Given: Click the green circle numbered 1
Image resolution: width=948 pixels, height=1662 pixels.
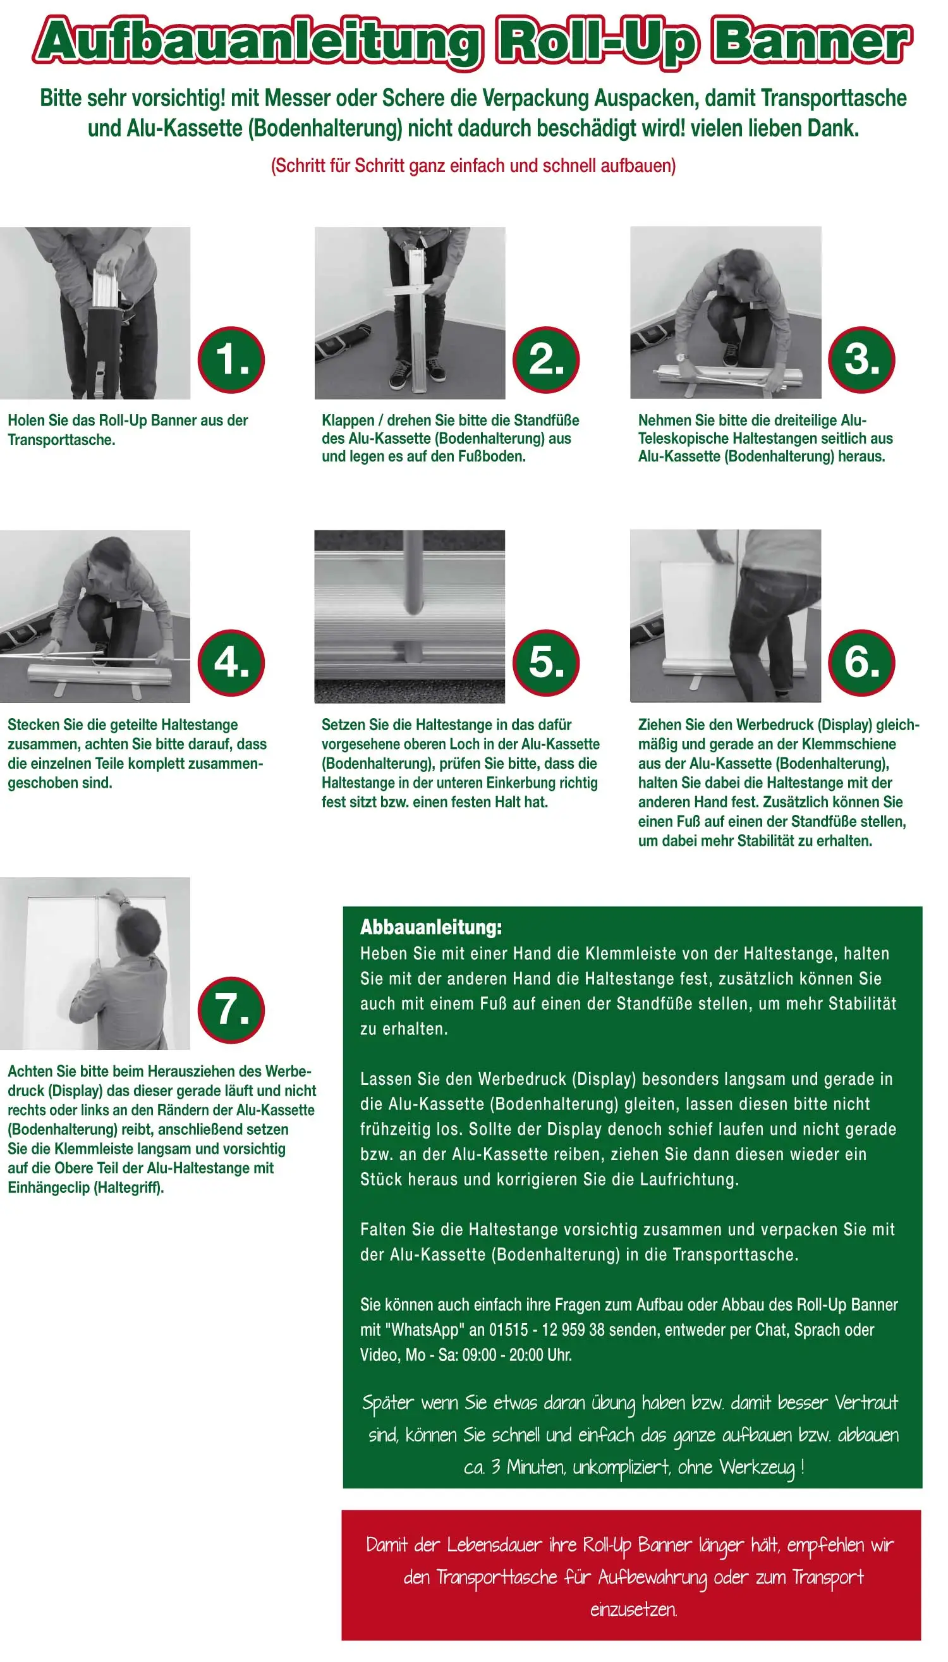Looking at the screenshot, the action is coord(231,360).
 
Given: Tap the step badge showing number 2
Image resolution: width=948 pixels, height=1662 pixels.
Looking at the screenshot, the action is coord(546,360).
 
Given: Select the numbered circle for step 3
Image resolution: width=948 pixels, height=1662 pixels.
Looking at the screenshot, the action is coord(861,360).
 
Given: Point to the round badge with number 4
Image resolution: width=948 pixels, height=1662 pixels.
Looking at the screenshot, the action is coord(231,663).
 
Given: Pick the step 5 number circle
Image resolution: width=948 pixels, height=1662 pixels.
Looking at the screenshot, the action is coord(546,663).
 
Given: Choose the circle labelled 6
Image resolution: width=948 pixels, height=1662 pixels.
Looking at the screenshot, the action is coord(861,663).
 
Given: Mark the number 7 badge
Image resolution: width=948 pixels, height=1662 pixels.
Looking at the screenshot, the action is coord(231,1010).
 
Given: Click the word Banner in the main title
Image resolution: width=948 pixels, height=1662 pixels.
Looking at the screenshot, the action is coord(811,42).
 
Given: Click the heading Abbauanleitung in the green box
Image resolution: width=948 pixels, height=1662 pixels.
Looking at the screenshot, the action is coord(431,927).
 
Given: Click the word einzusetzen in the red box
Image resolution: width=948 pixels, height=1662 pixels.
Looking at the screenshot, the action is coord(633,1609).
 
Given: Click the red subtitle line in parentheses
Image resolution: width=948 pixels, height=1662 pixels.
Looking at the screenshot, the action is coord(473,166).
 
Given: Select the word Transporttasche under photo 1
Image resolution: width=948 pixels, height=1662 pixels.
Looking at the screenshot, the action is coord(61,439).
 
